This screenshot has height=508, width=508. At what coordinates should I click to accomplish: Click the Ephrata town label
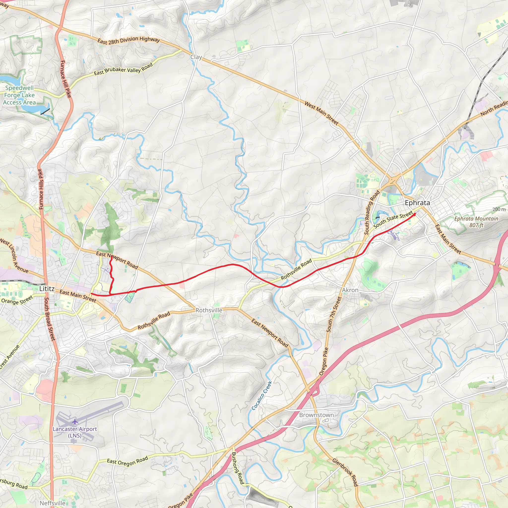pyautogui.click(x=417, y=203)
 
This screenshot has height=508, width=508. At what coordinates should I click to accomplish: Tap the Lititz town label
pyautogui.click(x=47, y=288)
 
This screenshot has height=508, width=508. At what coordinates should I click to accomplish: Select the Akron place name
pyautogui.click(x=350, y=290)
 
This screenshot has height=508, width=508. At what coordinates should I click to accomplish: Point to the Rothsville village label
pyautogui.click(x=209, y=310)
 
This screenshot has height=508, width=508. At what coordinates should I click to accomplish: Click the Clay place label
pyautogui.click(x=196, y=57)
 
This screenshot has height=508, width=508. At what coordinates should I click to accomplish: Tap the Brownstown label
pyautogui.click(x=316, y=415)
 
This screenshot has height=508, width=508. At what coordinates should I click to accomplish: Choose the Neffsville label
pyautogui.click(x=53, y=503)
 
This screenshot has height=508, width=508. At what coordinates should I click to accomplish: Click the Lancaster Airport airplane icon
pyautogui.click(x=75, y=422)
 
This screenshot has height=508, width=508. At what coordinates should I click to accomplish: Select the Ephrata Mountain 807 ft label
pyautogui.click(x=476, y=222)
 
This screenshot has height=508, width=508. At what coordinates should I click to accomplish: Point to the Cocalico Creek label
pyautogui.click(x=262, y=395)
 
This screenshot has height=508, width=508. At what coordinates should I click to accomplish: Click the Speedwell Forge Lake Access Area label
pyautogui.click(x=19, y=95)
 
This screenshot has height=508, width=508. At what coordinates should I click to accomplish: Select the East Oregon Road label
pyautogui.click(x=127, y=461)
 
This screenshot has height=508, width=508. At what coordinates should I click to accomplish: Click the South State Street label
pyautogui.click(x=393, y=219)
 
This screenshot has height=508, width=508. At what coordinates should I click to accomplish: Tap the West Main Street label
pyautogui.click(x=321, y=113)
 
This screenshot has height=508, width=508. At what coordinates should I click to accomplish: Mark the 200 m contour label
pyautogui.click(x=499, y=209)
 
